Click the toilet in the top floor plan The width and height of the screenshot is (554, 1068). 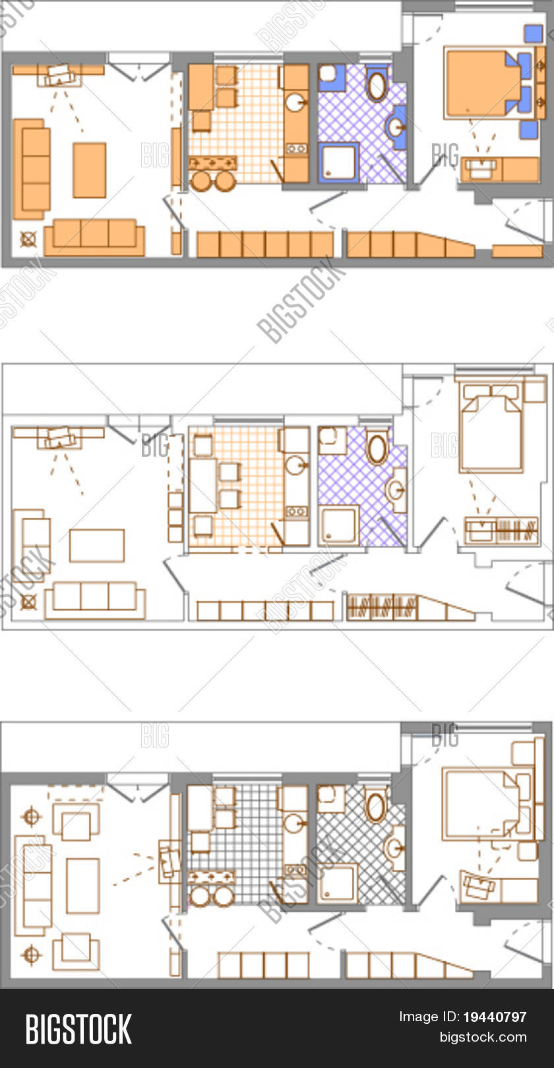pos(377,84)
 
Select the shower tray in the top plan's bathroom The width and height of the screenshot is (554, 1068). pos(338,162)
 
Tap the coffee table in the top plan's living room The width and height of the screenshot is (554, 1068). pos(89,169)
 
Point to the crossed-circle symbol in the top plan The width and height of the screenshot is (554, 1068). pos(28,239)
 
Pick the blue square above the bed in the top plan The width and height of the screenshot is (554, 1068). pos(533,34)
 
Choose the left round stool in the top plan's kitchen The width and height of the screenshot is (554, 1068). pos(200,180)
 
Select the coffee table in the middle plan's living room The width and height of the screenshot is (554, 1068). pos(97,545)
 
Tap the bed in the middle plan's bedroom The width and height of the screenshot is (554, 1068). pos(491,428)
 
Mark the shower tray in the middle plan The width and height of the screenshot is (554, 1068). pos(338,525)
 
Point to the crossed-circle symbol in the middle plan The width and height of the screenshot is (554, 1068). pos(28,602)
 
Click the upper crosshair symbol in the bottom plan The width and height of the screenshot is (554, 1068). pos(32,817)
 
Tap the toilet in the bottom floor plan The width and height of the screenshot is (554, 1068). pos(375,807)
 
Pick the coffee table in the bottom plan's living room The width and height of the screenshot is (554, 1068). pos(83,885)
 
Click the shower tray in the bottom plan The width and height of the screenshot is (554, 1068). pos(338,883)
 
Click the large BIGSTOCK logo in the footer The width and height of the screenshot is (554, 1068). pos(78,1029)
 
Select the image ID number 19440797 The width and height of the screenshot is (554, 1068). pos(495,1017)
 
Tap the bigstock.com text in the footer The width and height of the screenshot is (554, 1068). pos(483,1037)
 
